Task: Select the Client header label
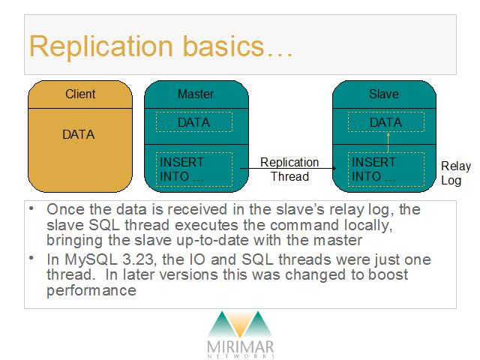click(x=80, y=94)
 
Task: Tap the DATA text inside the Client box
click(x=78, y=134)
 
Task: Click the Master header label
click(x=196, y=94)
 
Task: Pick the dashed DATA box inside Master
click(x=194, y=122)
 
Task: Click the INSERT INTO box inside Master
click(x=194, y=169)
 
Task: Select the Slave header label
click(x=384, y=94)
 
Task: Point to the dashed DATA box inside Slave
click(x=386, y=122)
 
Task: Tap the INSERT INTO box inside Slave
click(x=386, y=169)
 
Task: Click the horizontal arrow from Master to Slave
click(x=288, y=168)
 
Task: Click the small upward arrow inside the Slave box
click(x=388, y=142)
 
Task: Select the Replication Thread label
click(x=289, y=169)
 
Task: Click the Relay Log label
click(x=456, y=173)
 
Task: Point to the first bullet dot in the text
click(x=31, y=208)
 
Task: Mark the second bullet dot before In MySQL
click(x=31, y=258)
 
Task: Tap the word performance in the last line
click(x=91, y=290)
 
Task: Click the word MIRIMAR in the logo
click(x=240, y=347)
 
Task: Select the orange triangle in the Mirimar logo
click(x=241, y=325)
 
